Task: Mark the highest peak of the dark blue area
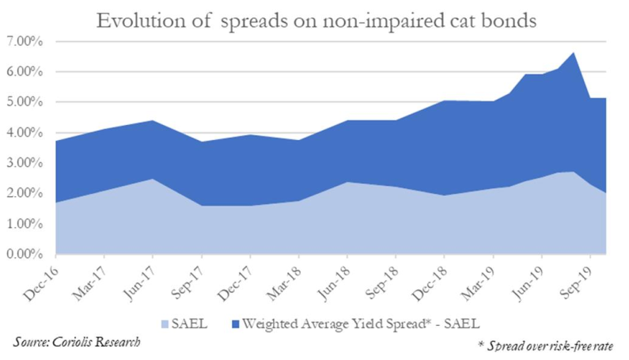click(574, 53)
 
